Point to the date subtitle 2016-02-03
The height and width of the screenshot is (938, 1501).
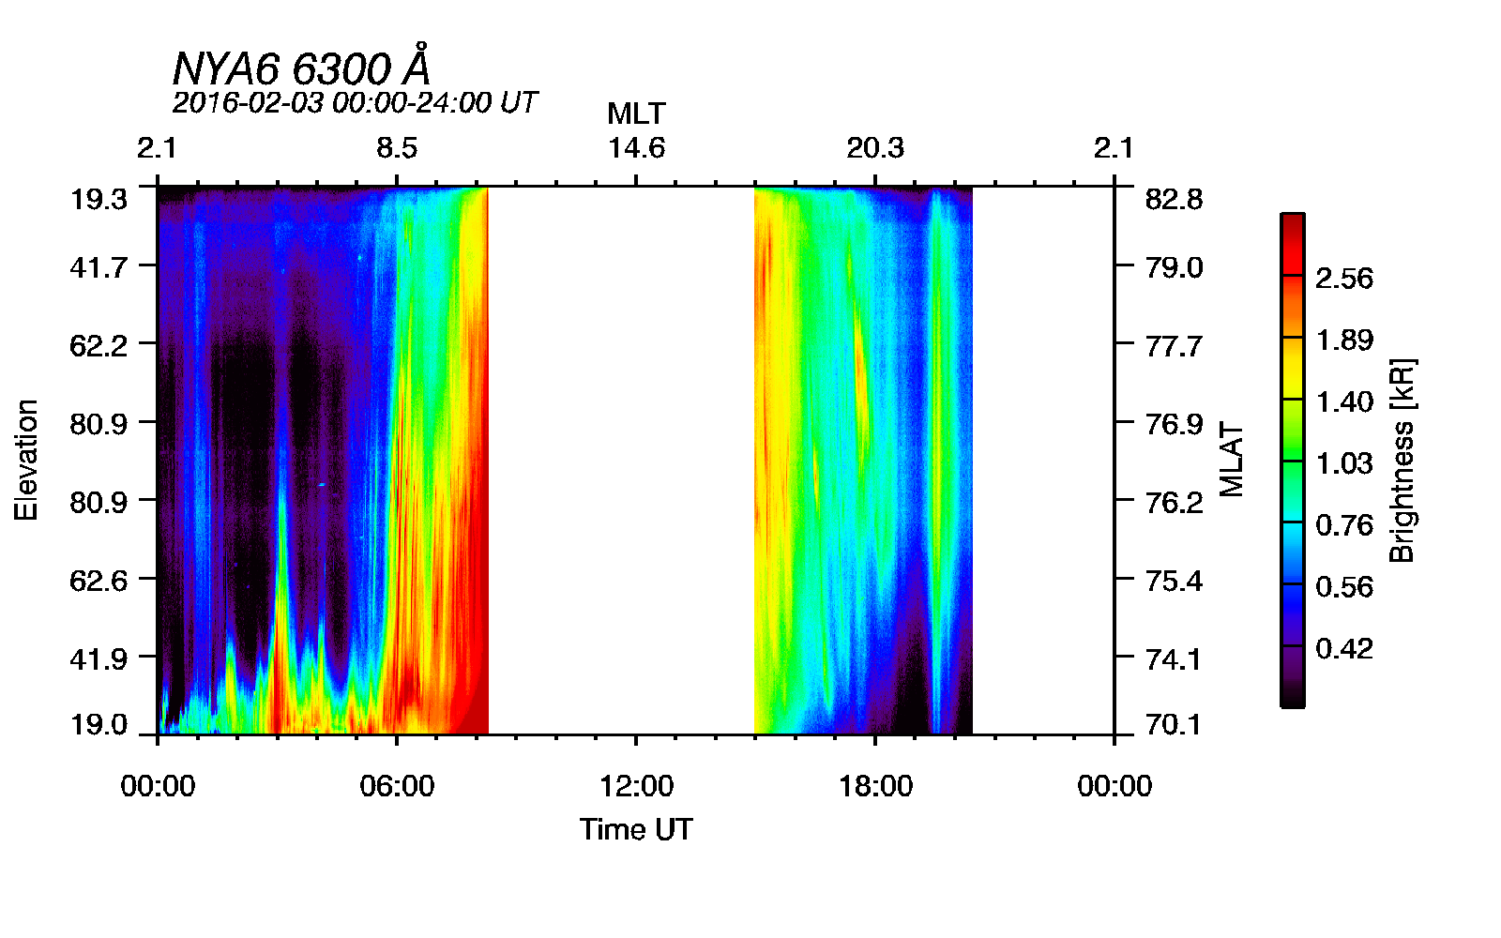355,102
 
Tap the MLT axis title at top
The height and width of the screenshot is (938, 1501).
636,113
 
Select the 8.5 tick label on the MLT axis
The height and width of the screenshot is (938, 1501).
397,148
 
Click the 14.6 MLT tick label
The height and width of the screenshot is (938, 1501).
636,148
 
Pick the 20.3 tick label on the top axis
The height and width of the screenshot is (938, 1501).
875,148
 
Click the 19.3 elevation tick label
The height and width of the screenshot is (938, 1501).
99,199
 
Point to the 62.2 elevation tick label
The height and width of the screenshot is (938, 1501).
99,346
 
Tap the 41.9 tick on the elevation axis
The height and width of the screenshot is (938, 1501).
99,658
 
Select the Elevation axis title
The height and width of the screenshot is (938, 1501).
26,460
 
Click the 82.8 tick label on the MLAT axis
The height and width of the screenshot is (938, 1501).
1174,199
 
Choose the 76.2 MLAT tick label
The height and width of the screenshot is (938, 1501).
1174,503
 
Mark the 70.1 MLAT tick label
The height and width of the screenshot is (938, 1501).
1174,725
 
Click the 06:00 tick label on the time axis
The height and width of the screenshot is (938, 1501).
397,786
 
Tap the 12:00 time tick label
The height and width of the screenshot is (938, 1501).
636,786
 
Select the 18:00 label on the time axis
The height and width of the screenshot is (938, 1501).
875,786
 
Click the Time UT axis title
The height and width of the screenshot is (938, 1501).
636,829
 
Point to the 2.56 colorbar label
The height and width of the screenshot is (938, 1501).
1343,279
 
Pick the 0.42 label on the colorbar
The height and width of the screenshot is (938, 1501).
1343,648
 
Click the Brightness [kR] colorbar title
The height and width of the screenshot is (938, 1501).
1402,460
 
